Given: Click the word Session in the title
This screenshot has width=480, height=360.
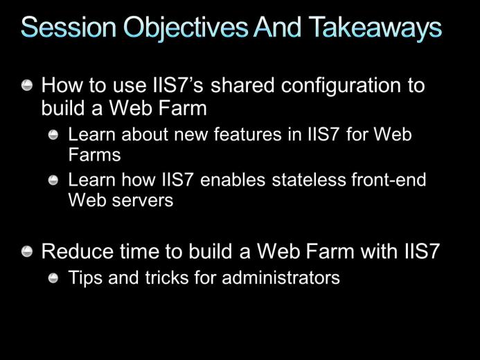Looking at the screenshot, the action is point(69,27).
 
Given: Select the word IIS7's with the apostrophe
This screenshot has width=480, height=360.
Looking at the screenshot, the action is point(178,85).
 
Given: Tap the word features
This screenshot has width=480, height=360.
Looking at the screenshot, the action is point(247,134).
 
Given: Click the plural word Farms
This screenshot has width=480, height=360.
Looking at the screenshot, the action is point(94,154).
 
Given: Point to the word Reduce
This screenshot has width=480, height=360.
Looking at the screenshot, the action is point(77,251).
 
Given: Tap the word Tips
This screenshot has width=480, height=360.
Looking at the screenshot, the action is point(85,278).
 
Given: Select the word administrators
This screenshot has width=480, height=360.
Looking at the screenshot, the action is point(281,278).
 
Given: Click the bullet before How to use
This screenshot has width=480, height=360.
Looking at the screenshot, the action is point(27,85).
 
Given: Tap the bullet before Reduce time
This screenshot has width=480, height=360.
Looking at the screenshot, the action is point(27,252).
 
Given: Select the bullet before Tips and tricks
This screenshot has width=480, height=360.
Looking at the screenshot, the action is point(53,278).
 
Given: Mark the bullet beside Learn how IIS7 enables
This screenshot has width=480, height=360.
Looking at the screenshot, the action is point(53,180).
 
